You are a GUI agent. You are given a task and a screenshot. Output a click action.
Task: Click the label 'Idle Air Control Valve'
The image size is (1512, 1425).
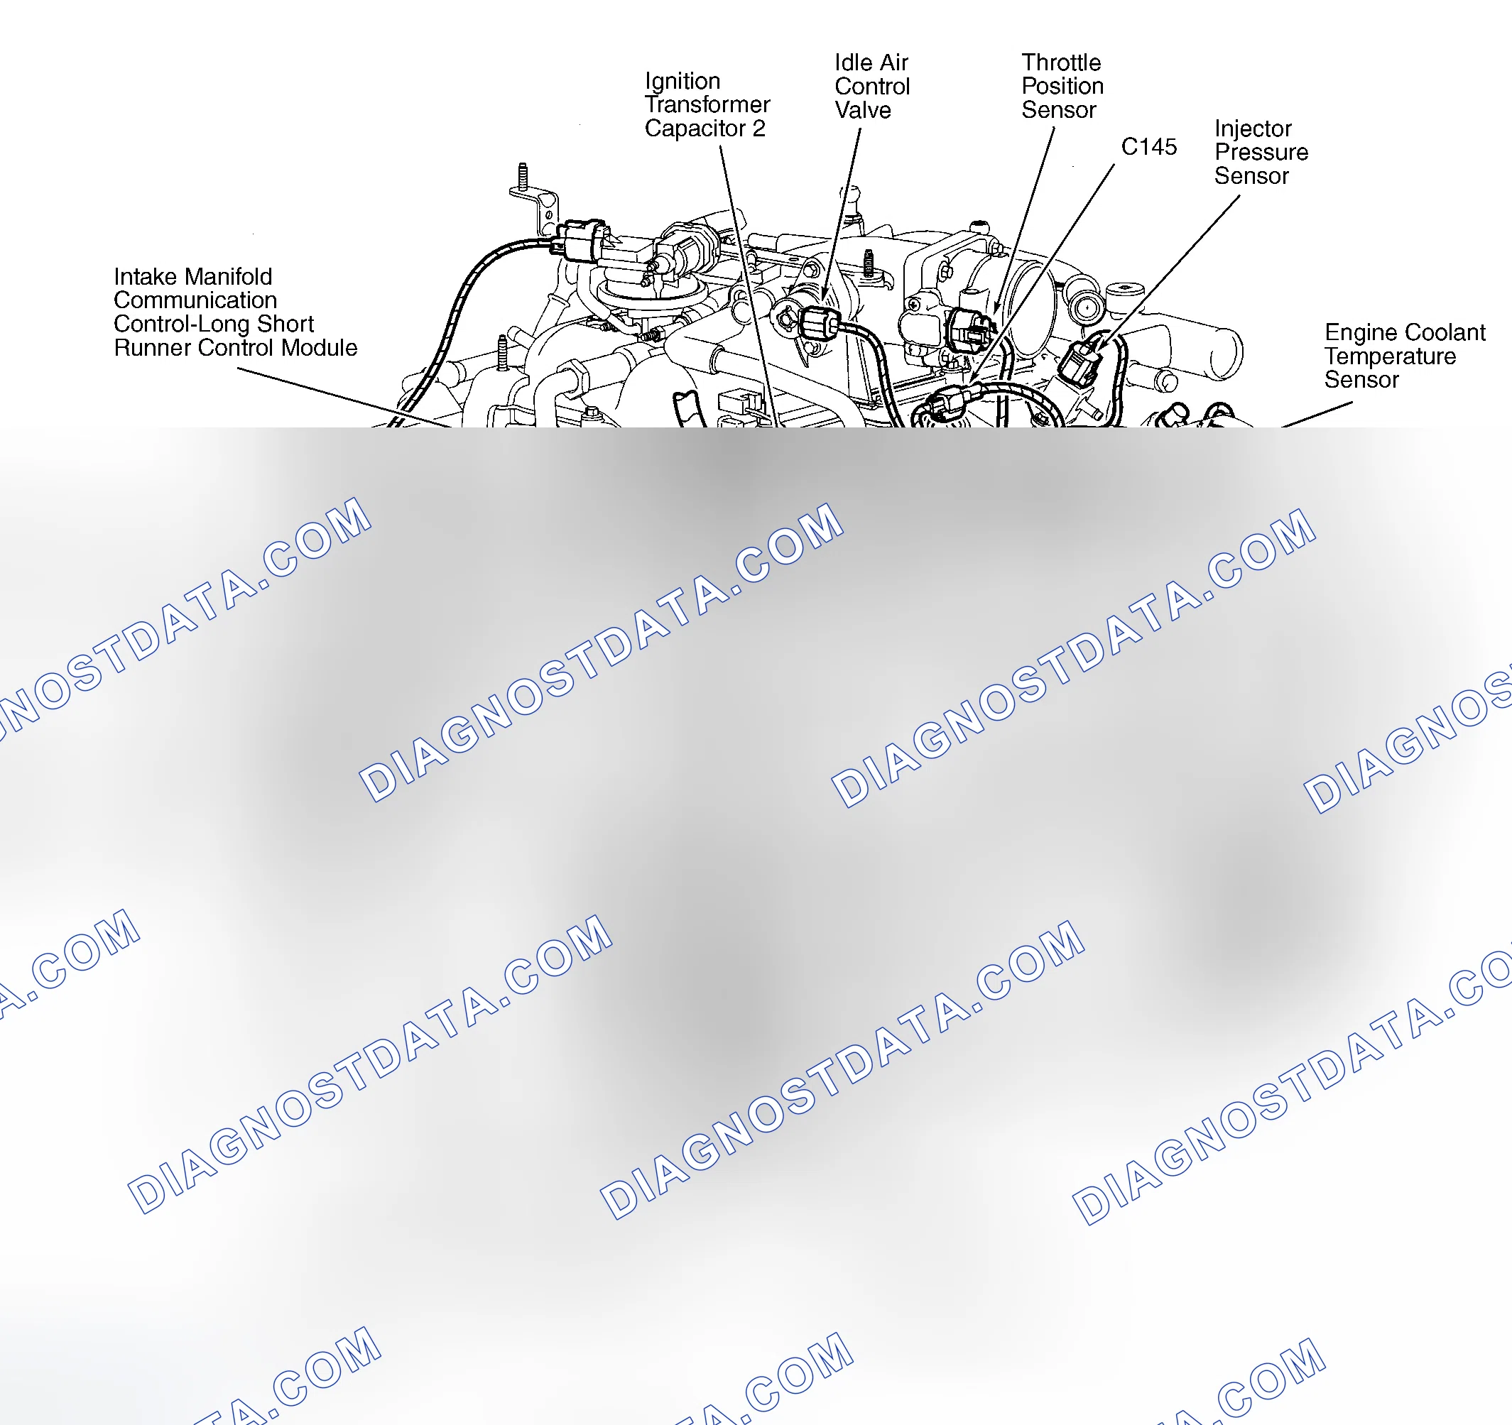pos(871,86)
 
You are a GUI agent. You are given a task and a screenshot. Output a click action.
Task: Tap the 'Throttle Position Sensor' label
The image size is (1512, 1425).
pos(1062,86)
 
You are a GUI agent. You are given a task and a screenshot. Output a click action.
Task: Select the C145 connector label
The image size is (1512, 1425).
pos(1148,146)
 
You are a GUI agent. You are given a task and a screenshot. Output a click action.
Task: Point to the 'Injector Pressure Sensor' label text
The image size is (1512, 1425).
pos(1261,152)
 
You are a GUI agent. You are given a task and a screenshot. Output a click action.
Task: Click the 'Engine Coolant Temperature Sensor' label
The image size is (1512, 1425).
pos(1405,356)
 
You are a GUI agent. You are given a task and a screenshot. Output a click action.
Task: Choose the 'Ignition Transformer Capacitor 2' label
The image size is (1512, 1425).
pos(707,105)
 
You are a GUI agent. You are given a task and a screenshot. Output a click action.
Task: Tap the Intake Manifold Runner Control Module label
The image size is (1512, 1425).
pos(235,312)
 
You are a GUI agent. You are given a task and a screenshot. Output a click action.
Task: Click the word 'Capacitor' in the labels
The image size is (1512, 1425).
pos(695,129)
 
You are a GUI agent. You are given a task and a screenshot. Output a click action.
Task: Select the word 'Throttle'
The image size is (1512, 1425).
pos(1061,62)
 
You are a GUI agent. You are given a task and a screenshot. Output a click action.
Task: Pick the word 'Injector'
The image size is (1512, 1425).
pos(1253,129)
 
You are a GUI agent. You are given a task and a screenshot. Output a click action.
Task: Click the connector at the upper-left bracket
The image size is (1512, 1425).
pos(582,240)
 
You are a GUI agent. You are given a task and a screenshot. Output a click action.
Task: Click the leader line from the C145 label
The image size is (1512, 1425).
pos(1042,273)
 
